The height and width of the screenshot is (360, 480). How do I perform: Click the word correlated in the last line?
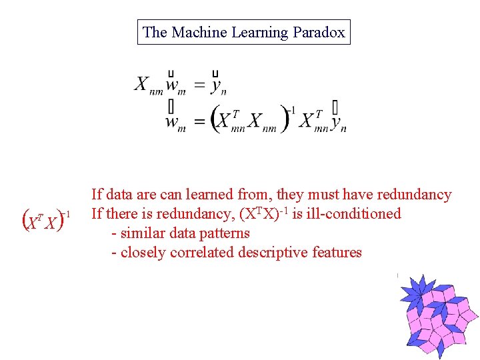(201, 253)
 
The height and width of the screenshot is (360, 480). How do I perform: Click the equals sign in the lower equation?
(199, 122)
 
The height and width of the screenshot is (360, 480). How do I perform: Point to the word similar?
(143, 233)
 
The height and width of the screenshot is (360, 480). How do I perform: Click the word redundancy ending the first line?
(414, 195)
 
